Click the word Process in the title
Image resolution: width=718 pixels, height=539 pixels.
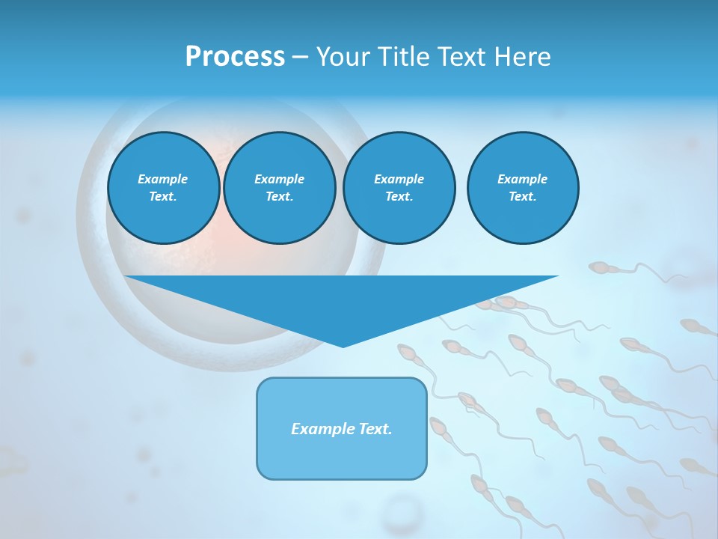click(235, 57)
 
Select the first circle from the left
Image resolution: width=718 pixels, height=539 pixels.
click(163, 188)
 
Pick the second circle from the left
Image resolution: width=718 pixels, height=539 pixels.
click(279, 188)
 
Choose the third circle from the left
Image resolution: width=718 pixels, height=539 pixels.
click(399, 188)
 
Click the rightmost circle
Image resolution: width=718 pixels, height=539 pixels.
click(522, 188)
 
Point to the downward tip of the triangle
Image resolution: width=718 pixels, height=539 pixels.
click(343, 345)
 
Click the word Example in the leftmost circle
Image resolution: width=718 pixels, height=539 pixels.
click(163, 179)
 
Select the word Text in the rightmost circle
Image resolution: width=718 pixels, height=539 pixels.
click(522, 197)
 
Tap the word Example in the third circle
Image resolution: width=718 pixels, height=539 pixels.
click(399, 179)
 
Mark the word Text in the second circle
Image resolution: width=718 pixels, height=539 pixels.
click(279, 197)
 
